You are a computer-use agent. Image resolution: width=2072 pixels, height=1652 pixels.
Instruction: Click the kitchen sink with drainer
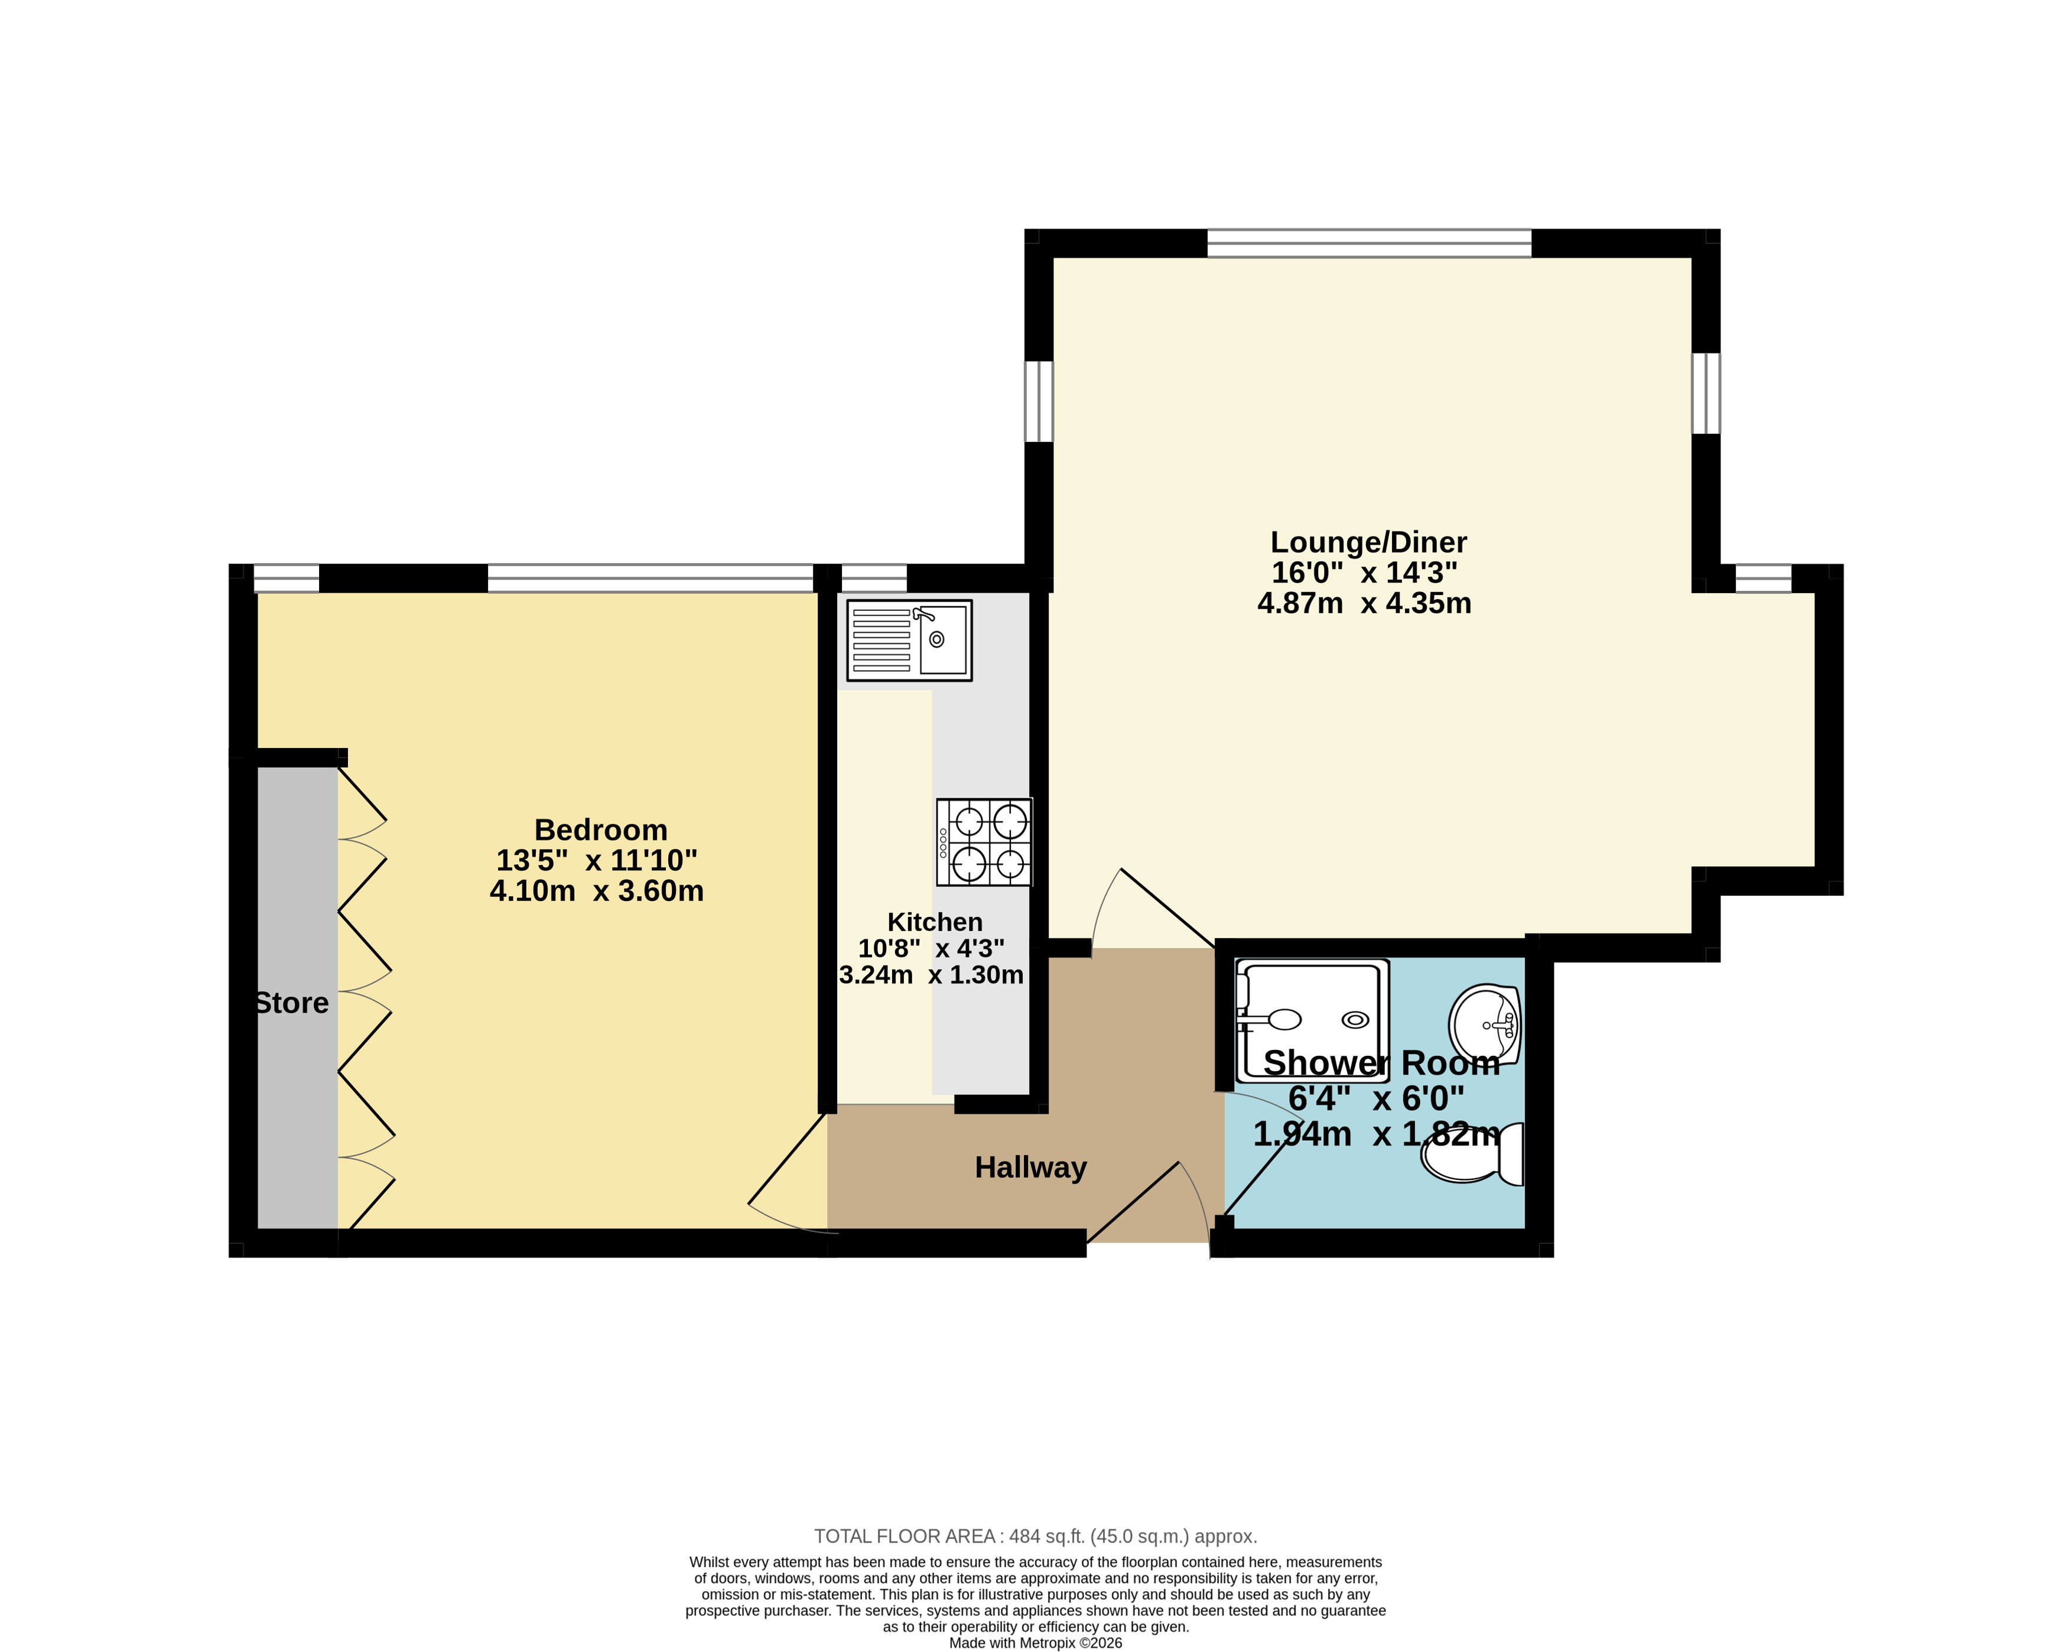tap(909, 641)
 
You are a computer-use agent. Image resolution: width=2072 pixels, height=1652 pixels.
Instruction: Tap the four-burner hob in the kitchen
tap(984, 842)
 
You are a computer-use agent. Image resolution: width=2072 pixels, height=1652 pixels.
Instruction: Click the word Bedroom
tap(601, 830)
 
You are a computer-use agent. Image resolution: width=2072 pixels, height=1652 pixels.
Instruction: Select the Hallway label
tap(1030, 1168)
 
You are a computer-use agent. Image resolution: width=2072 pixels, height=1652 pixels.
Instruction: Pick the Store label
tap(292, 1003)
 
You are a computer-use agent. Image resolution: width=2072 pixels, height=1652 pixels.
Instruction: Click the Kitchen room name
tap(934, 922)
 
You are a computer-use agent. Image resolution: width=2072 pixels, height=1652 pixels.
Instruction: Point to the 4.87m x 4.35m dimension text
tap(1365, 603)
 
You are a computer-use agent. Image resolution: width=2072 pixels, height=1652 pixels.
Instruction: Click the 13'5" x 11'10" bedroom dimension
tap(597, 860)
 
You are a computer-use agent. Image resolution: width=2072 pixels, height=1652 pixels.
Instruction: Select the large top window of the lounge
tap(1370, 243)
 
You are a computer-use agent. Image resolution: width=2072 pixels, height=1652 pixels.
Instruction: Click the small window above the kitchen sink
tap(874, 578)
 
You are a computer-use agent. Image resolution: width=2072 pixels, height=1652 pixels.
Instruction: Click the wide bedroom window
tap(650, 578)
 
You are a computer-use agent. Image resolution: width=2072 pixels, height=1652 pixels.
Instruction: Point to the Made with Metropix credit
tap(1036, 1643)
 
